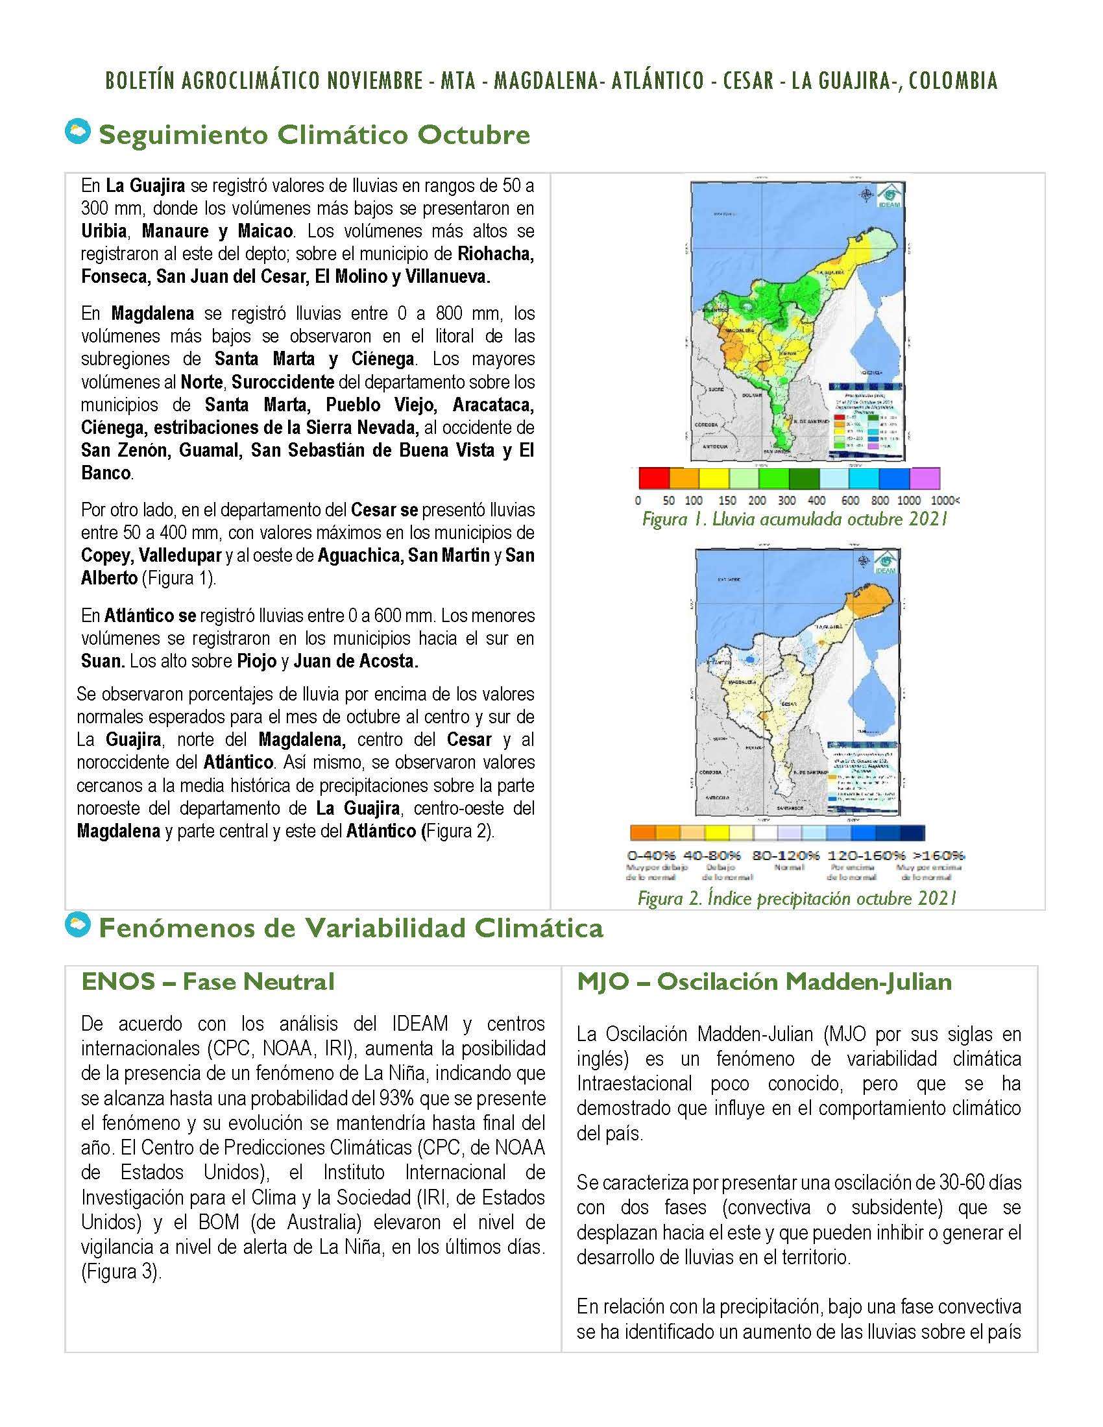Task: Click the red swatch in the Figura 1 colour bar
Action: click(x=653, y=477)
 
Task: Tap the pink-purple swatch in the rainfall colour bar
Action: click(x=924, y=477)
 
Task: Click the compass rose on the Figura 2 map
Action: click(x=864, y=560)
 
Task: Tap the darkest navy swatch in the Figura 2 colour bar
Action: click(x=912, y=832)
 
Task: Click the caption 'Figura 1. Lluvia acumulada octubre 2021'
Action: click(x=795, y=520)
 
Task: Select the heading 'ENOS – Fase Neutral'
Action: click(x=208, y=981)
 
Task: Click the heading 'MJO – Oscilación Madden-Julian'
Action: click(x=764, y=981)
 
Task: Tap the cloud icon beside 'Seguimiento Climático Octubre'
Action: click(x=78, y=132)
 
